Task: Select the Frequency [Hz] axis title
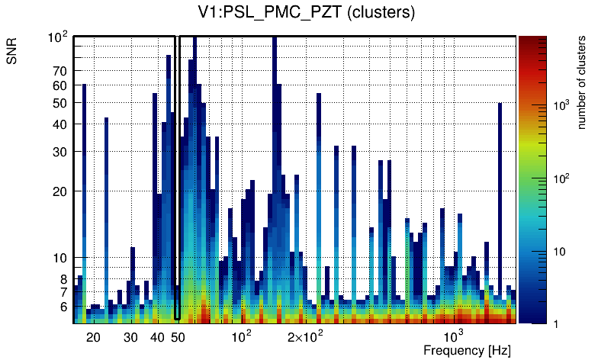466,350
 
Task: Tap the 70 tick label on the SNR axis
60,71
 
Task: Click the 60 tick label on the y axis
60,85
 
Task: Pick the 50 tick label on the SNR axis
60,103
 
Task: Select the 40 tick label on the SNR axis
60,124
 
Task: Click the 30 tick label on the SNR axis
60,152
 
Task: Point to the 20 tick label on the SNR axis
60,191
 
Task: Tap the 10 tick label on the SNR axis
60,259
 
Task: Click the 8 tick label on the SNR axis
63,279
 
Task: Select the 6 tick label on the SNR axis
63,307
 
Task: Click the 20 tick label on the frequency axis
93,336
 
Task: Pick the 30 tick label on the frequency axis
130,336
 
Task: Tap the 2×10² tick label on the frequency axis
305,336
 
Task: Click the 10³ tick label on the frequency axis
454,336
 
